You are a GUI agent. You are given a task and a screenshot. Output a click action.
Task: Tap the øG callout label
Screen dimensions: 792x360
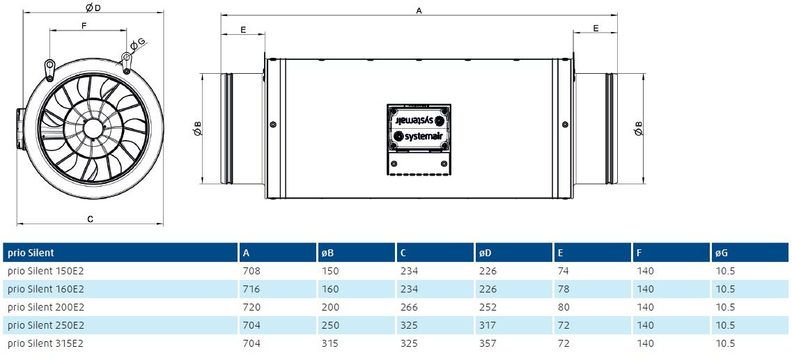pos(137,45)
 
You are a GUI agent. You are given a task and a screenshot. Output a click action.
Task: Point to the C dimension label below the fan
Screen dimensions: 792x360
pos(90,219)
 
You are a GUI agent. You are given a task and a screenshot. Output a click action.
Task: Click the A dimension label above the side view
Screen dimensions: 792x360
pos(419,10)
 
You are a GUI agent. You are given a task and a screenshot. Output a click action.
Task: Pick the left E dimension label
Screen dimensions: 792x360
pos(243,30)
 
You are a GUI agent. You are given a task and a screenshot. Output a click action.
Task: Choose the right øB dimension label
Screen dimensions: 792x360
pos(638,128)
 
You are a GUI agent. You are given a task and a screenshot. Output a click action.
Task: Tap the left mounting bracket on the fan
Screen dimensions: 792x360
pos(49,69)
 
